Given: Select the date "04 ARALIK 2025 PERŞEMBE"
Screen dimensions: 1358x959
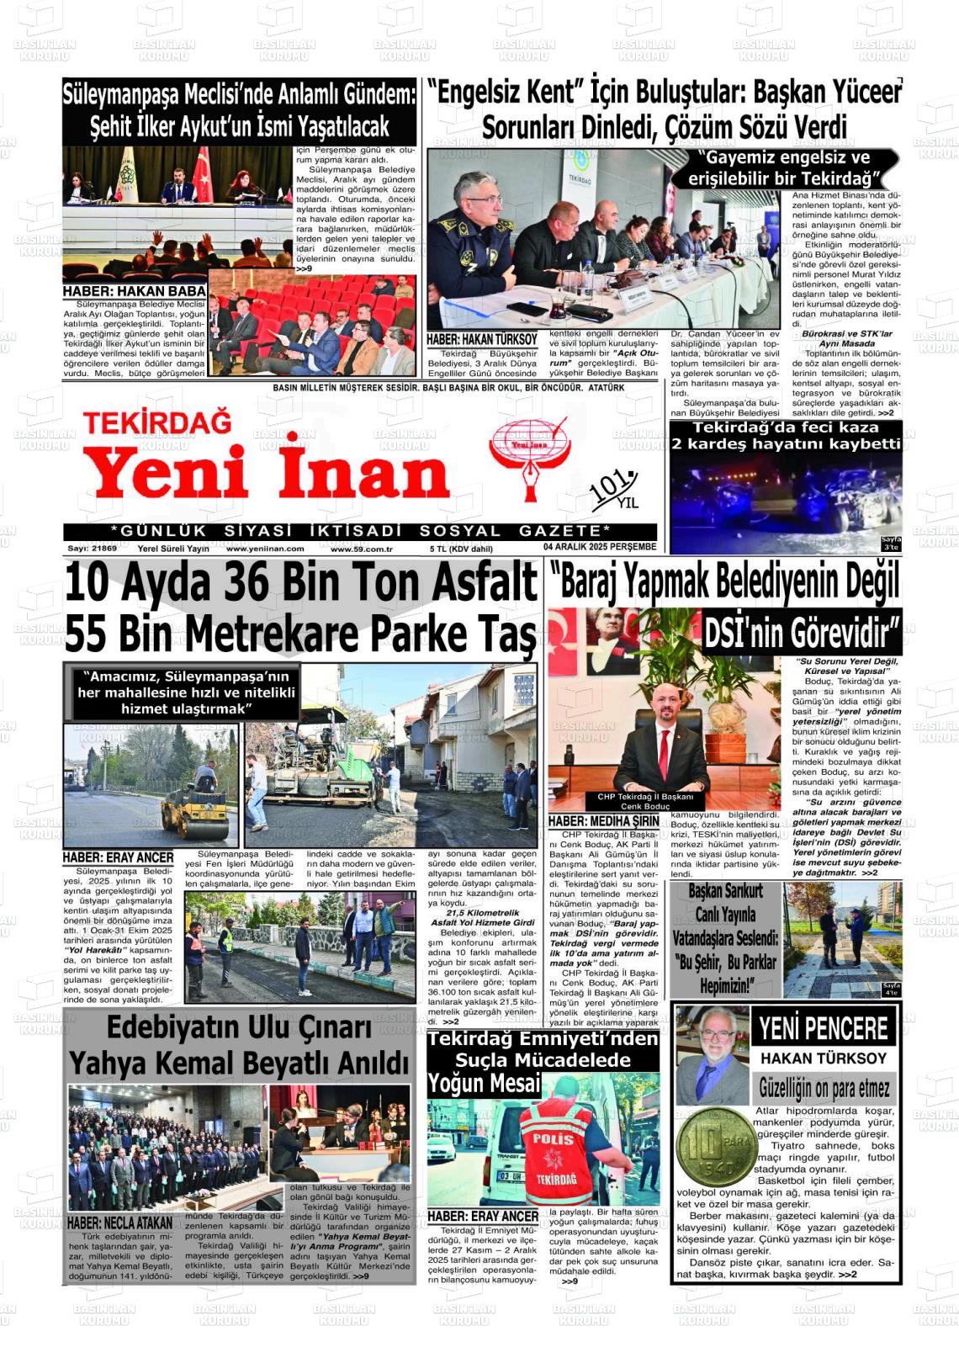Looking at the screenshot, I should point(599,548).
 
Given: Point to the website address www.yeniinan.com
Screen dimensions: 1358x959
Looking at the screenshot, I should point(265,549).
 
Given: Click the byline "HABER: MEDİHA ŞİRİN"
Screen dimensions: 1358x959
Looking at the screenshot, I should point(603,820).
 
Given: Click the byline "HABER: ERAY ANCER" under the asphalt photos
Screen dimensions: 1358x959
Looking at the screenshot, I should point(118,857).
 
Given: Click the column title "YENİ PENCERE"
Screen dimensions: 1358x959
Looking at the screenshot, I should point(823,1028).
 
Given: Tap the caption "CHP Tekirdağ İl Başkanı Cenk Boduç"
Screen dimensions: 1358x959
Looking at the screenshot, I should point(645,801).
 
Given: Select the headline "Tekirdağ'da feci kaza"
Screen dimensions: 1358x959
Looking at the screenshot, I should point(786,427).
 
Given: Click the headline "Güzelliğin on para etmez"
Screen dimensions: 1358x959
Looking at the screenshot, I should point(824,1088).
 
